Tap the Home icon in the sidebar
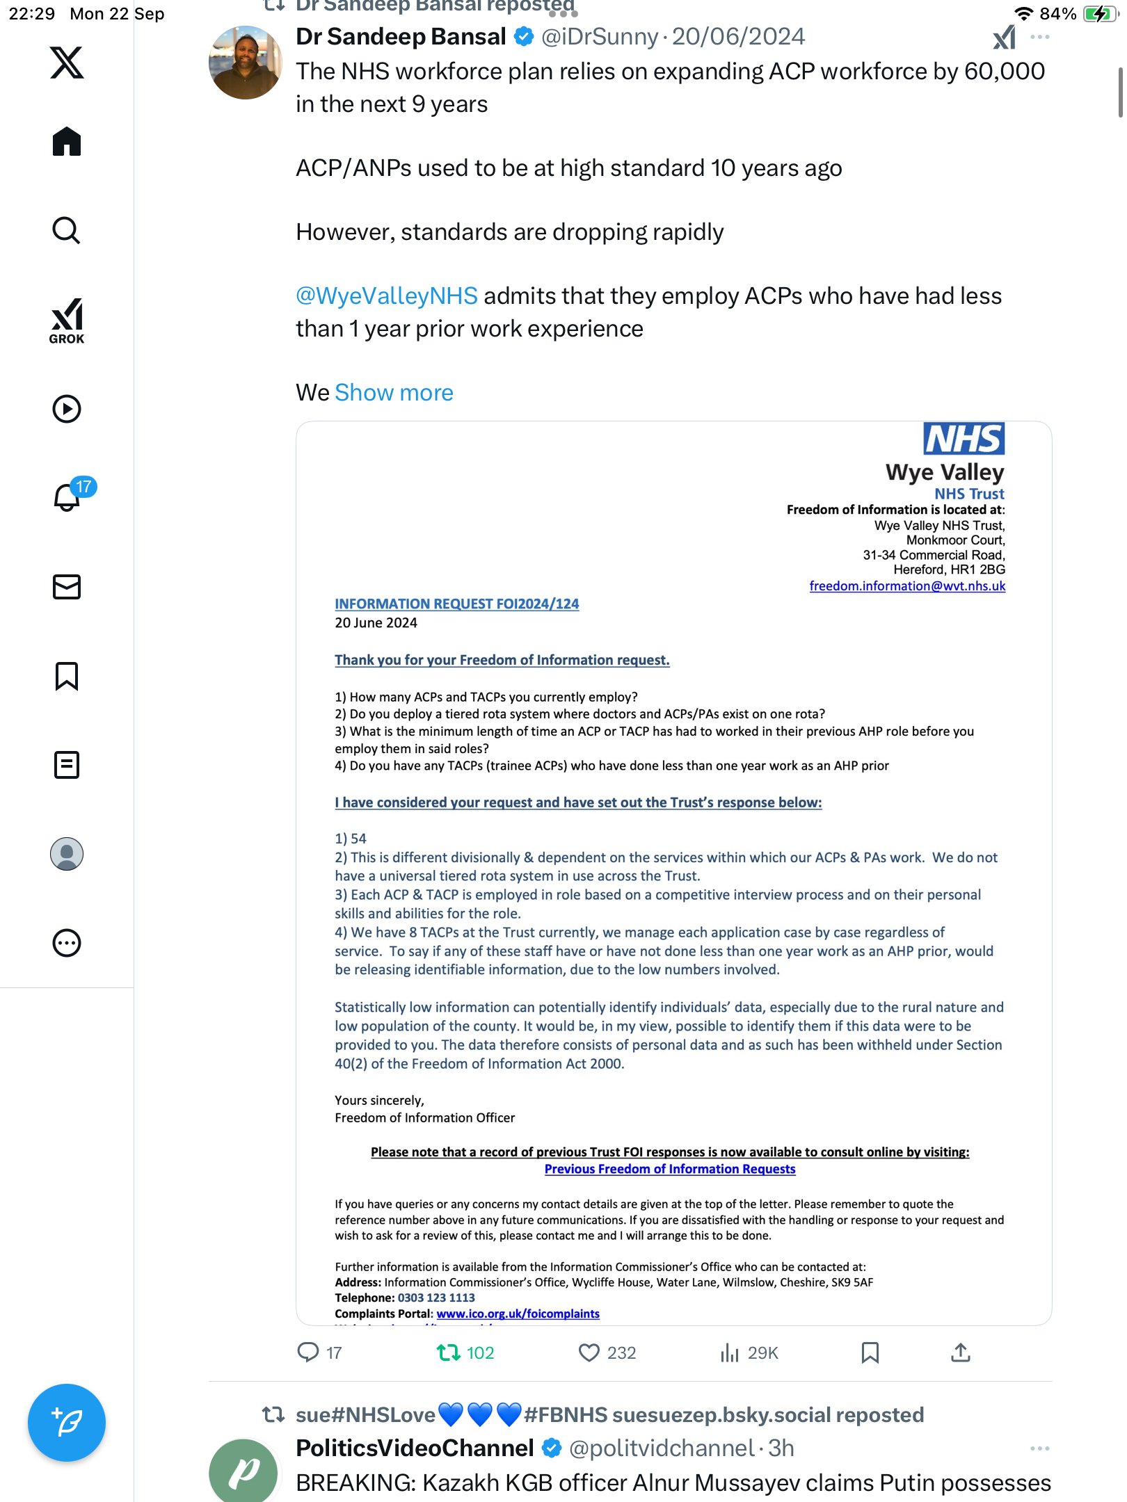(x=67, y=142)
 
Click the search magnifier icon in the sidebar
(x=67, y=231)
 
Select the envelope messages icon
(x=67, y=587)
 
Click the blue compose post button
(x=67, y=1423)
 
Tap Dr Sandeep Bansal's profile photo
(x=245, y=63)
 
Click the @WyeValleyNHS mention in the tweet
(x=387, y=296)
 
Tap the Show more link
(x=394, y=393)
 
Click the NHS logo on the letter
(x=964, y=439)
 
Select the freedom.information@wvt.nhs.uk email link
(x=907, y=586)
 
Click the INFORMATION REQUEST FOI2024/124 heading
(x=456, y=604)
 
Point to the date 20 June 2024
(x=376, y=623)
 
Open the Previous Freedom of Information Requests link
(x=669, y=1170)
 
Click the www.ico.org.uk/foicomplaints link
(x=518, y=1314)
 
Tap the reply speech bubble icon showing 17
(x=308, y=1352)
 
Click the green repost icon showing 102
(x=449, y=1352)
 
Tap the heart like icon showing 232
(x=589, y=1352)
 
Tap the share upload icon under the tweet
(x=961, y=1352)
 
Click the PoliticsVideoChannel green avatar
(x=243, y=1470)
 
